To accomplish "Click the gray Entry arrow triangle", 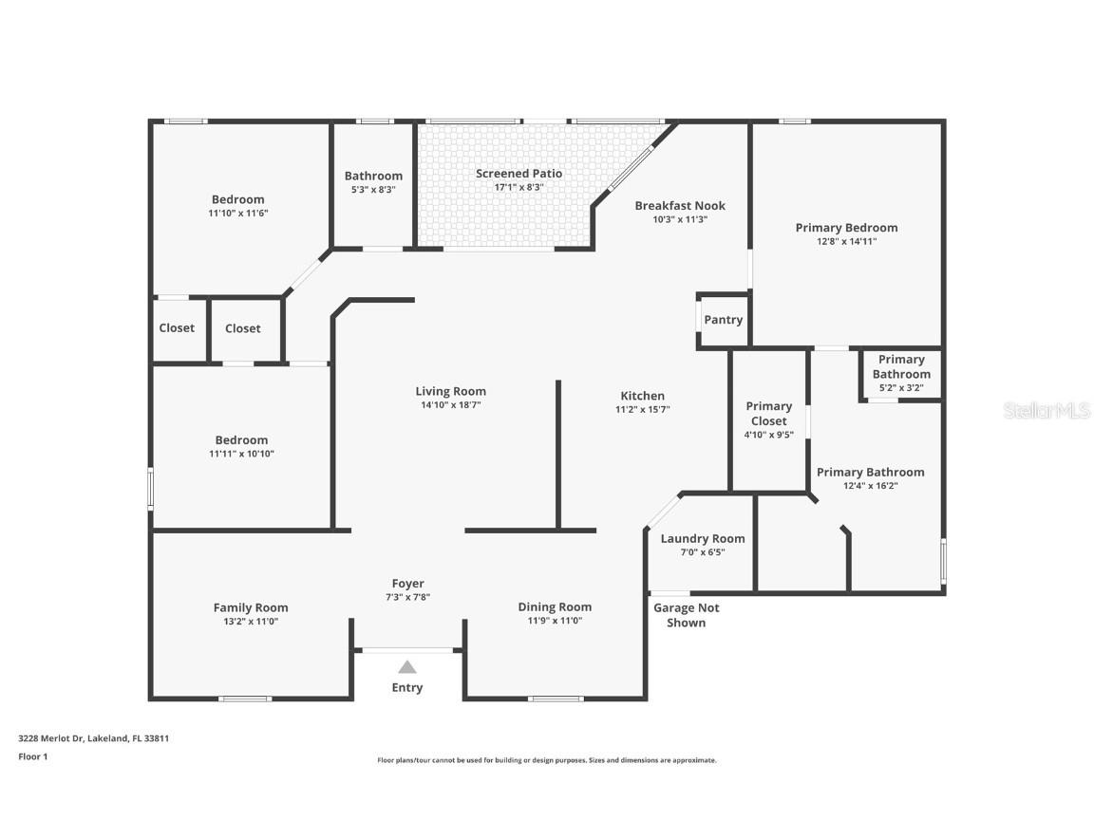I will click(x=407, y=667).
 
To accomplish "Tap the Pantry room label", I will click(x=723, y=320).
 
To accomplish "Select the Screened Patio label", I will click(x=519, y=174).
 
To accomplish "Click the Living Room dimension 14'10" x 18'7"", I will click(x=450, y=405).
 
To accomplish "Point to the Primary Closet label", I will click(x=768, y=414).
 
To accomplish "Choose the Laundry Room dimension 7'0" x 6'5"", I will click(x=703, y=552).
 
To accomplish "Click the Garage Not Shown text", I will click(x=686, y=615).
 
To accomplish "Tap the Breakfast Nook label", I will click(x=680, y=206).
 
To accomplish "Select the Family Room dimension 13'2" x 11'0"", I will click(x=251, y=622).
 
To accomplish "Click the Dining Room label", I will click(x=555, y=607).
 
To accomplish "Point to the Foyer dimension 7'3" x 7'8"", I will click(x=407, y=597).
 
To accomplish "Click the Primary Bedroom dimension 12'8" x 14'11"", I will click(x=846, y=241).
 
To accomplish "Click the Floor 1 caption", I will click(x=32, y=756).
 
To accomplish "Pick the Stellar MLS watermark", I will click(x=1047, y=410).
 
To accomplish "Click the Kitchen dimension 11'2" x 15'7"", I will click(x=643, y=410).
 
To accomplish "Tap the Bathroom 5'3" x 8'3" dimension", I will click(x=373, y=189).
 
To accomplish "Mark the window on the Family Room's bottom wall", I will click(x=245, y=699).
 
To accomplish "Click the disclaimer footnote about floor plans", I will click(x=546, y=760).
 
